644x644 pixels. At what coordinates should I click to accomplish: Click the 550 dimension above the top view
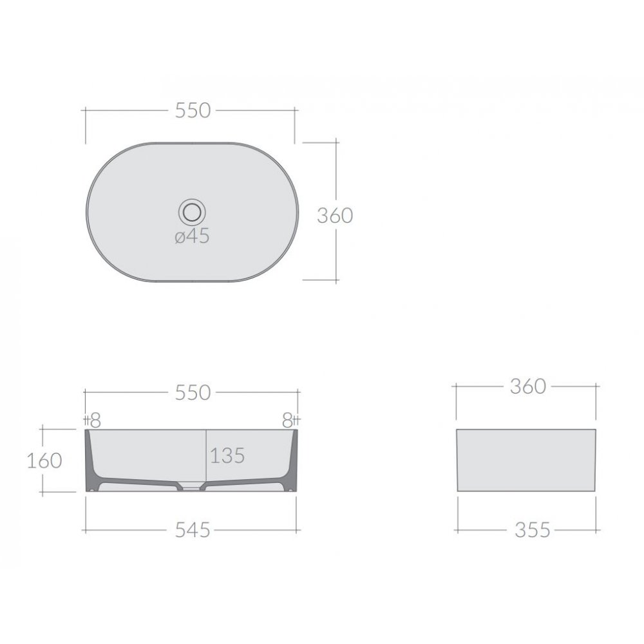click(193, 110)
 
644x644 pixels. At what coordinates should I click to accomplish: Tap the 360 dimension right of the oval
click(335, 216)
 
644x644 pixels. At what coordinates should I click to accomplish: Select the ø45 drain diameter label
click(192, 236)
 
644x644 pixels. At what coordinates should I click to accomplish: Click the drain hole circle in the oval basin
click(192, 212)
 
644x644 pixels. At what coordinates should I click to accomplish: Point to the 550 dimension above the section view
click(193, 393)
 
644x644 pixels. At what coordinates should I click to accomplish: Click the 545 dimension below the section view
click(193, 530)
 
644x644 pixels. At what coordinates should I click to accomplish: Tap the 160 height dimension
click(44, 460)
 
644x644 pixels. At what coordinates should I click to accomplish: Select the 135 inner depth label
click(227, 455)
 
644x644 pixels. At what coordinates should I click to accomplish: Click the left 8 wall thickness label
click(95, 420)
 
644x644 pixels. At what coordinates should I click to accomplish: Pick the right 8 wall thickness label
click(287, 420)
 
